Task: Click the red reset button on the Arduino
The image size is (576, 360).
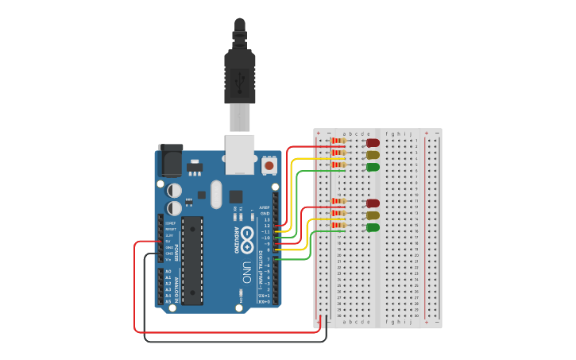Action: (269, 165)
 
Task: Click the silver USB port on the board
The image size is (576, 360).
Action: (239, 153)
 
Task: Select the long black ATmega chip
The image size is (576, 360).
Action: (192, 260)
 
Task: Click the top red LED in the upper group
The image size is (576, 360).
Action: (373, 143)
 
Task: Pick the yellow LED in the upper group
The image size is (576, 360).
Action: (373, 155)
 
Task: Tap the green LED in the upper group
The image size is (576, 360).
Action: (373, 167)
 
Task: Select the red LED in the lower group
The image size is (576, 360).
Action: (373, 203)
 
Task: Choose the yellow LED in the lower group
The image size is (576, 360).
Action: (373, 215)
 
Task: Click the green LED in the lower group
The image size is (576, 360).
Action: (373, 227)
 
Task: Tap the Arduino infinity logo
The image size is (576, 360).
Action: (248, 235)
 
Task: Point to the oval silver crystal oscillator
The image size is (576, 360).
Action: (216, 194)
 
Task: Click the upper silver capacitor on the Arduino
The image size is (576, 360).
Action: (173, 189)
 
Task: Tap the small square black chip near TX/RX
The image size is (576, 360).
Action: (236, 196)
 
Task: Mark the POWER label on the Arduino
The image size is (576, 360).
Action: (176, 247)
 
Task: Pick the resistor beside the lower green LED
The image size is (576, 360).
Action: (338, 227)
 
